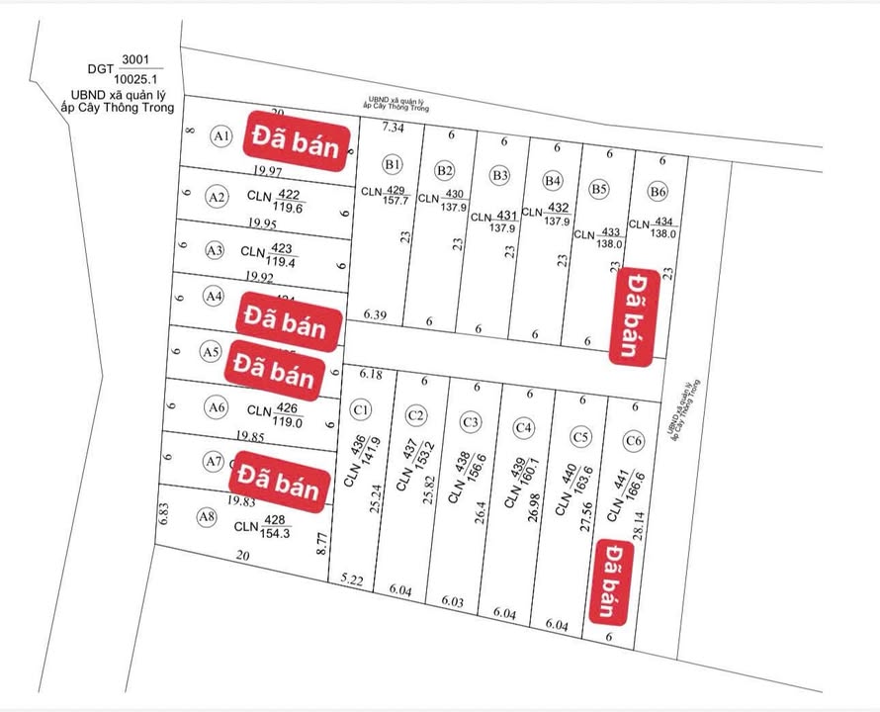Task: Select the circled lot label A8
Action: click(207, 516)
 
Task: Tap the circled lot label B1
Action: click(394, 164)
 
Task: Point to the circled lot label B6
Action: click(658, 191)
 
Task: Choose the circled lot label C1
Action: click(361, 409)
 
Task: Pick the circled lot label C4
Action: click(524, 427)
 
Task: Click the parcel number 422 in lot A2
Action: click(290, 195)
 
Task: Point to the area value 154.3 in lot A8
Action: click(275, 534)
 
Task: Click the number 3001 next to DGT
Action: click(132, 59)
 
